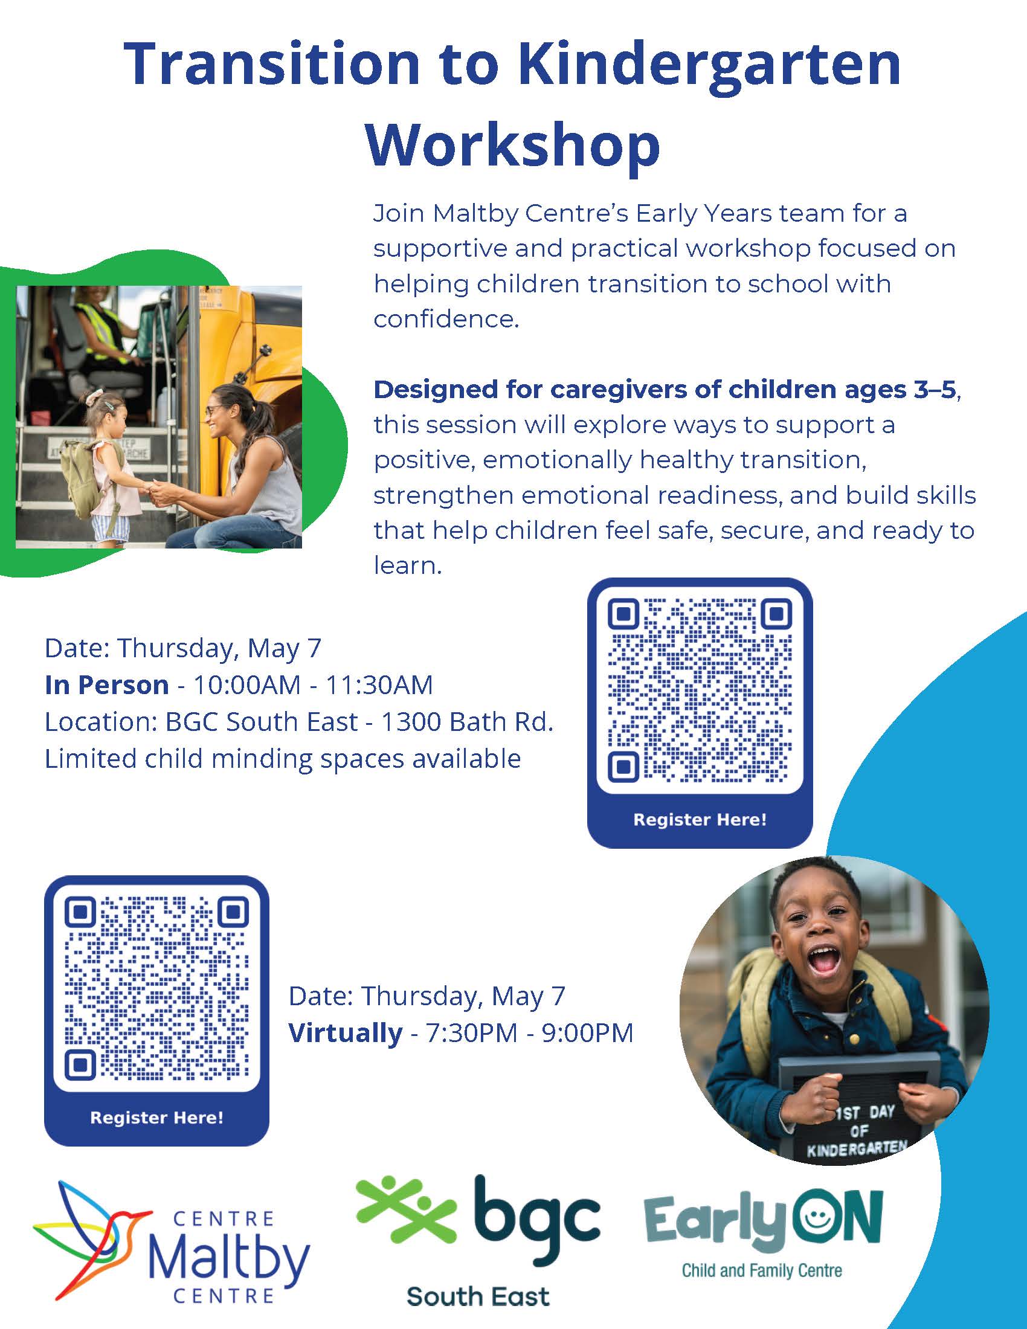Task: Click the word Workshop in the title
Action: click(513, 146)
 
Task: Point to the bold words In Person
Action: click(106, 685)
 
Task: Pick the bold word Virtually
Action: click(345, 1033)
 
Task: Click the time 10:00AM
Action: click(247, 685)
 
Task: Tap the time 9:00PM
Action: click(588, 1033)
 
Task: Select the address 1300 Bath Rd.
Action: click(467, 722)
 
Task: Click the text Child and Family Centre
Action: click(762, 1270)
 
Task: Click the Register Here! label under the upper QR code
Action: click(700, 820)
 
